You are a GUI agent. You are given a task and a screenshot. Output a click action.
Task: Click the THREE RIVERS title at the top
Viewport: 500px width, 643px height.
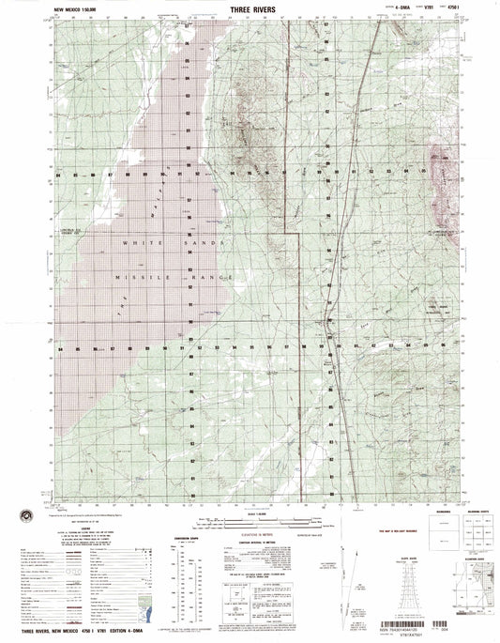pyautogui.click(x=249, y=8)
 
